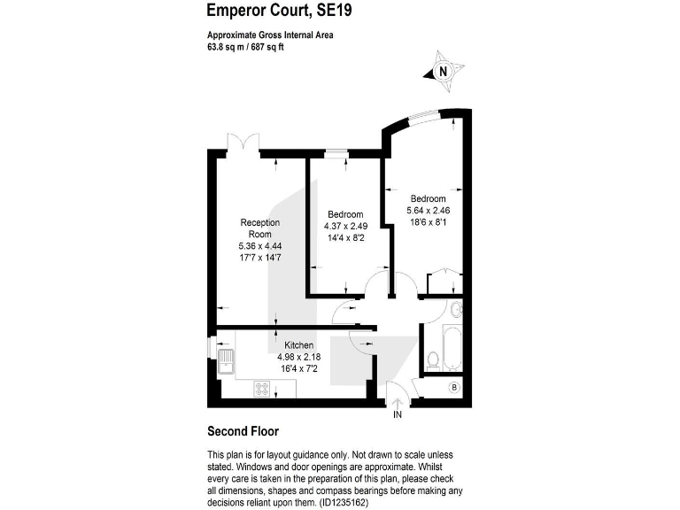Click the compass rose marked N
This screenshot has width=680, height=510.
point(444,70)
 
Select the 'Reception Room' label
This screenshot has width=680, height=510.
point(260,228)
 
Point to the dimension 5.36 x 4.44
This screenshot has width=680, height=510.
point(260,245)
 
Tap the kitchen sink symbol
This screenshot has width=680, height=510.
point(227,360)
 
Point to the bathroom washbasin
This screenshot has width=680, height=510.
point(455,310)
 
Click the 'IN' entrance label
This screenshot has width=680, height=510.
point(398,414)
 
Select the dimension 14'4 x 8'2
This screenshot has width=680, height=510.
point(345,237)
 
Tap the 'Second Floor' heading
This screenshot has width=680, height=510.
point(243,432)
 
